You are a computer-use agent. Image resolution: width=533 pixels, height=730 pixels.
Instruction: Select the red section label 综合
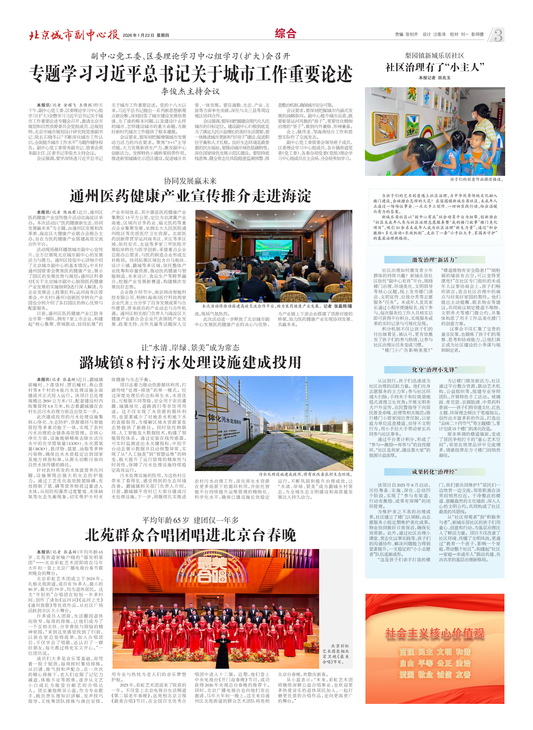point(285,34)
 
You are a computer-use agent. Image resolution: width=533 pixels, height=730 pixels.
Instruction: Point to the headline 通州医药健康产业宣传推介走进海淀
point(190,196)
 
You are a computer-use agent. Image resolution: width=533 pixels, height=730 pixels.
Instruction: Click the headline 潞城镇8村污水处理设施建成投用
point(190,362)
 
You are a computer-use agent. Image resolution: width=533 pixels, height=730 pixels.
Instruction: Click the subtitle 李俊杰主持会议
point(190,91)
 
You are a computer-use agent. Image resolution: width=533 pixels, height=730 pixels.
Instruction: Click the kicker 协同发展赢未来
point(190,181)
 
